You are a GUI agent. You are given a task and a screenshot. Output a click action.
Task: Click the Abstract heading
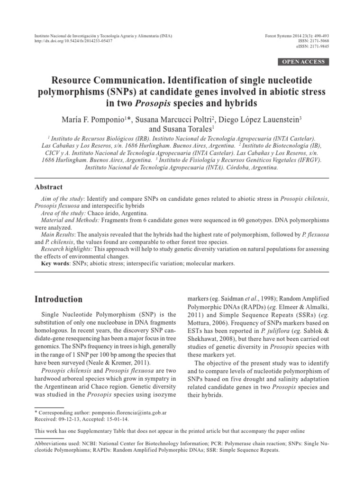point(49,187)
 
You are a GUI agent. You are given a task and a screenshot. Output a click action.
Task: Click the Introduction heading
point(59,299)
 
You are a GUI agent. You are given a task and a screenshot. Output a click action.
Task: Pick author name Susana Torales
point(191,128)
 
